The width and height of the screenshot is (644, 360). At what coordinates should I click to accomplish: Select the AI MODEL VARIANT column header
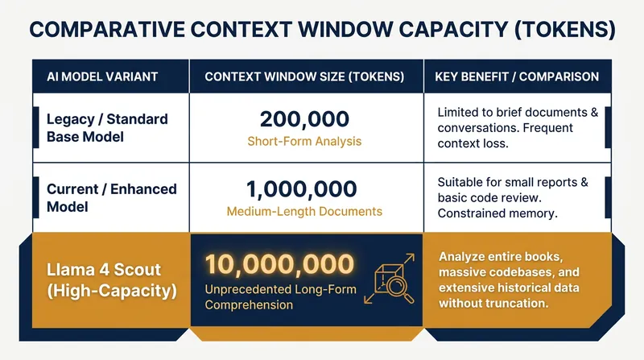pyautogui.click(x=102, y=77)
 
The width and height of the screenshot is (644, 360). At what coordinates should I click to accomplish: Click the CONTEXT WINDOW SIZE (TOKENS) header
pyautogui.click(x=304, y=77)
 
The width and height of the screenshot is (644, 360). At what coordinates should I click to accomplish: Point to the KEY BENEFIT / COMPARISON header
pyautogui.click(x=517, y=77)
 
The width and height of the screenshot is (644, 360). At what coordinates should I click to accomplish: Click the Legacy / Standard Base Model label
pyautogui.click(x=107, y=128)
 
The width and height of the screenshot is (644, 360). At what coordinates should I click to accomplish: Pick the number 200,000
pyautogui.click(x=304, y=119)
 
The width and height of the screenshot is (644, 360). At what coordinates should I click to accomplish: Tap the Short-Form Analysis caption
pyautogui.click(x=304, y=142)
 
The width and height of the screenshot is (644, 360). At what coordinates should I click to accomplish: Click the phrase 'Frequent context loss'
pyautogui.click(x=506, y=135)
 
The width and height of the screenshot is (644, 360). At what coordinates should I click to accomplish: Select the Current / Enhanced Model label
pyautogui.click(x=112, y=197)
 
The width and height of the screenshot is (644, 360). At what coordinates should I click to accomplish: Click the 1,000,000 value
pyautogui.click(x=301, y=189)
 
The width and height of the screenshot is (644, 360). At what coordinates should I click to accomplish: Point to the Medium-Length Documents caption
pyautogui.click(x=304, y=211)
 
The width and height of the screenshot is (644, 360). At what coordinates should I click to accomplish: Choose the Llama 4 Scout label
pyautogui.click(x=104, y=270)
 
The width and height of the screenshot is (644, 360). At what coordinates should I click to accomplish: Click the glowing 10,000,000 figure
pyautogui.click(x=279, y=264)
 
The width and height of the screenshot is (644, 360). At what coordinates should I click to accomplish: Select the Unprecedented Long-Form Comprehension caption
pyautogui.click(x=280, y=297)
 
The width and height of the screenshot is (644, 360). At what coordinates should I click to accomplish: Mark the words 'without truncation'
pyautogui.click(x=493, y=304)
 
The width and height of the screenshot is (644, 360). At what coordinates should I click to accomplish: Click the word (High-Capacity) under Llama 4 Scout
pyautogui.click(x=112, y=291)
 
